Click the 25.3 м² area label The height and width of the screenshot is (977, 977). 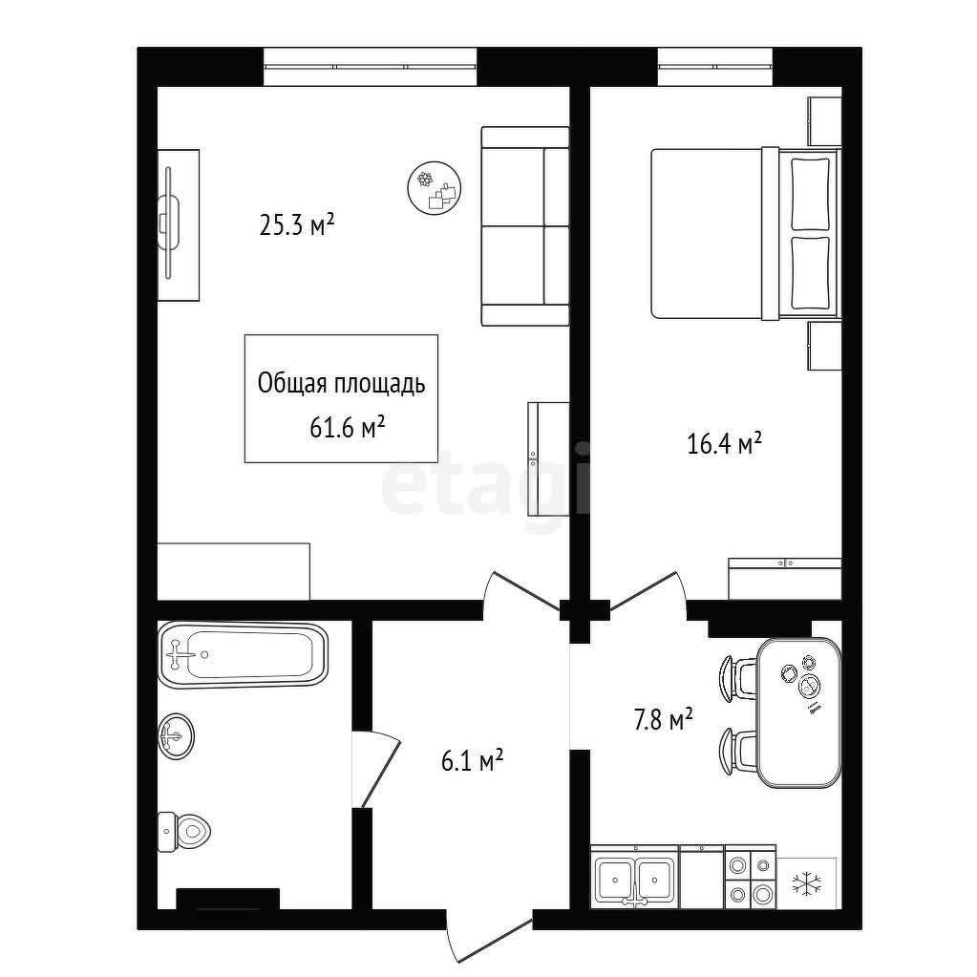(297, 225)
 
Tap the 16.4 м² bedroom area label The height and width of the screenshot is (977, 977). (725, 444)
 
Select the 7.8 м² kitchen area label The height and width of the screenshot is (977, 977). (664, 720)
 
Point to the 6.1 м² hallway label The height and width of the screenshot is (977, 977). (473, 761)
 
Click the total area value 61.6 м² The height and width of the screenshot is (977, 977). (347, 428)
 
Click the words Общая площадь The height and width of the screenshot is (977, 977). (342, 384)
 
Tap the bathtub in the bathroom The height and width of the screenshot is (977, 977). (243, 654)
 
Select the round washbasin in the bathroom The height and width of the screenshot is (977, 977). (176, 736)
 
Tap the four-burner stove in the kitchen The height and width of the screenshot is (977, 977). (751, 880)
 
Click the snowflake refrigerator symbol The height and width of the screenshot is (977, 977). (807, 882)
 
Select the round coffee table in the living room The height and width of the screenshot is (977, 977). (435, 187)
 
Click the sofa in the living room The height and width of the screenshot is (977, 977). (525, 226)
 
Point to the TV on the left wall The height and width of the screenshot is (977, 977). (168, 223)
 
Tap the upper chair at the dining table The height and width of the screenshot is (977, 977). (738, 678)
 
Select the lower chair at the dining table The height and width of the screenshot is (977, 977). (738, 752)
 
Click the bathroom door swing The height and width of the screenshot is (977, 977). (375, 769)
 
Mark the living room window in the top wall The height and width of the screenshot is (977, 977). (371, 67)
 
